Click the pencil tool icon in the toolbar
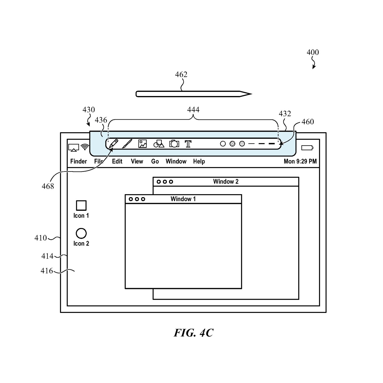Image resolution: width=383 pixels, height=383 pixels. pyautogui.click(x=113, y=143)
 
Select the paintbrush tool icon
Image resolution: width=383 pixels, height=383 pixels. pyautogui.click(x=127, y=143)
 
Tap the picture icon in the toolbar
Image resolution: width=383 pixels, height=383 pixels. pyautogui.click(x=143, y=143)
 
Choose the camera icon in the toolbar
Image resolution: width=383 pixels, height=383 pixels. pyautogui.click(x=174, y=143)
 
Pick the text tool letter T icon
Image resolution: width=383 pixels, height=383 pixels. pyautogui.click(x=188, y=144)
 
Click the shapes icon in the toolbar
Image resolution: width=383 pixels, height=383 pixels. pyautogui.click(x=159, y=144)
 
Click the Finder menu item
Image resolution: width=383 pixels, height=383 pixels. pyautogui.click(x=79, y=161)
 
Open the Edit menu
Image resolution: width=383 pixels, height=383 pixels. pyautogui.click(x=117, y=161)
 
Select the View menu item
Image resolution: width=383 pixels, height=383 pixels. pyautogui.click(x=137, y=161)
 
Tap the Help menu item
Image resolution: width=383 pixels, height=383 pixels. pyautogui.click(x=199, y=161)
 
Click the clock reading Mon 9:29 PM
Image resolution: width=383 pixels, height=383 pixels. pyautogui.click(x=300, y=161)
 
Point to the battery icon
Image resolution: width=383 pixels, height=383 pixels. pyautogui.click(x=307, y=148)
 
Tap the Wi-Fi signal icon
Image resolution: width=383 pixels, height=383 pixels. pyautogui.click(x=85, y=147)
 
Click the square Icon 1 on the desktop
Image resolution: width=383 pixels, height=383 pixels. pyautogui.click(x=81, y=205)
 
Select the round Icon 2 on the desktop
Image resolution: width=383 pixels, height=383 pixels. pyautogui.click(x=81, y=233)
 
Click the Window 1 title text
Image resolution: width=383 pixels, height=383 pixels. pyautogui.click(x=183, y=199)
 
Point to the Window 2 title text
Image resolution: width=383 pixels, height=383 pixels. pyautogui.click(x=226, y=182)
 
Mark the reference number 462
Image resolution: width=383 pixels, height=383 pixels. pyautogui.click(x=181, y=75)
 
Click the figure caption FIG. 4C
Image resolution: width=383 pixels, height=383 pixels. pyautogui.click(x=193, y=333)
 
